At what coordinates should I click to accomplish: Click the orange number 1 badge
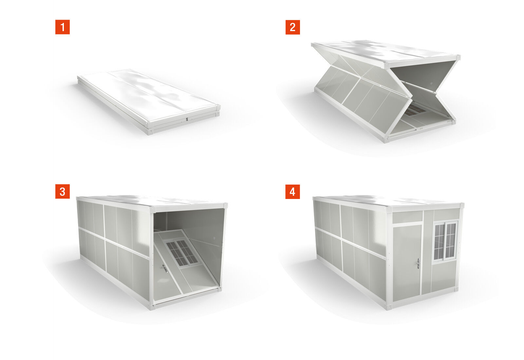(x=62, y=27)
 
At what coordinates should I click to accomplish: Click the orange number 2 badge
(x=292, y=27)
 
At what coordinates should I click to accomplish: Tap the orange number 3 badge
(x=62, y=191)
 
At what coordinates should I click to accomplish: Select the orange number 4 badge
(x=292, y=191)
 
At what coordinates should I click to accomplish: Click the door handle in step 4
(x=418, y=263)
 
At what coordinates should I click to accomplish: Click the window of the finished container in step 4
(x=445, y=241)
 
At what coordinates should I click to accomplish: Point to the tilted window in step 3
(x=181, y=253)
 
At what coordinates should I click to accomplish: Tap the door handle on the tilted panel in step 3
(x=164, y=269)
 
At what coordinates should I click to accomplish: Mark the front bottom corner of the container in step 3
(x=153, y=307)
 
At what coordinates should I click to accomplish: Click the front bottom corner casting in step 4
(x=388, y=307)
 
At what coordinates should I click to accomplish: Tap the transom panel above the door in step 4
(x=407, y=217)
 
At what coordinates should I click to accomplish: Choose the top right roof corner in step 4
(x=462, y=206)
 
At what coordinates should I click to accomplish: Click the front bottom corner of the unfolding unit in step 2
(x=386, y=139)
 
